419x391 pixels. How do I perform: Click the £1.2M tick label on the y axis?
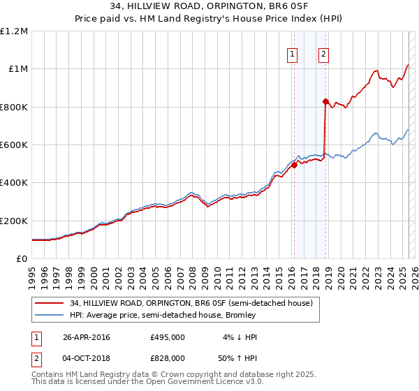(14, 31)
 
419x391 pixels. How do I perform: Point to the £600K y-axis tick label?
(13, 145)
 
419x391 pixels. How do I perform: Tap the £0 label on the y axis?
(22, 259)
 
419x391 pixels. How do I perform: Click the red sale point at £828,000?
(325, 102)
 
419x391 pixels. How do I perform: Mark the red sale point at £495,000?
(295, 165)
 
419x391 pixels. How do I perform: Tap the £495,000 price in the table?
(168, 337)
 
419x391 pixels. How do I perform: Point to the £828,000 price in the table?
(168, 357)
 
